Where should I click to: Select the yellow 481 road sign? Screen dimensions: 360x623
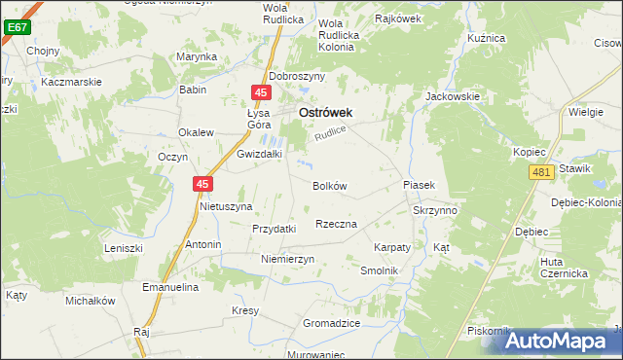click(x=542, y=172)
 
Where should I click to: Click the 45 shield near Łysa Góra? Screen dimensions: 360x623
click(x=260, y=92)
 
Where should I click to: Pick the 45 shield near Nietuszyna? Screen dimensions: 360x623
click(x=202, y=183)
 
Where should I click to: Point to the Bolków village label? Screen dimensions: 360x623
click(x=329, y=186)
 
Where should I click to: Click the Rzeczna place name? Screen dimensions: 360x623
click(x=336, y=224)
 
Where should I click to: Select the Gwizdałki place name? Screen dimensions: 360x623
click(x=259, y=154)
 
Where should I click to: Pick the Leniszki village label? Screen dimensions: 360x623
click(x=124, y=248)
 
